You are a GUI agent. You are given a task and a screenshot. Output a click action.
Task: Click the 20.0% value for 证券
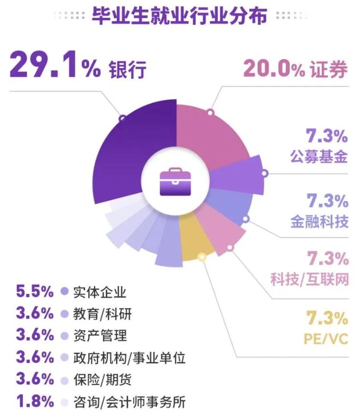coord(274,69)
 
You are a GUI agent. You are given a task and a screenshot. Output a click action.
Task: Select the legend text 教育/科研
coord(102,314)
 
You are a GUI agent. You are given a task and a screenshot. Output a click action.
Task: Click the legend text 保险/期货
coord(102,379)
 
